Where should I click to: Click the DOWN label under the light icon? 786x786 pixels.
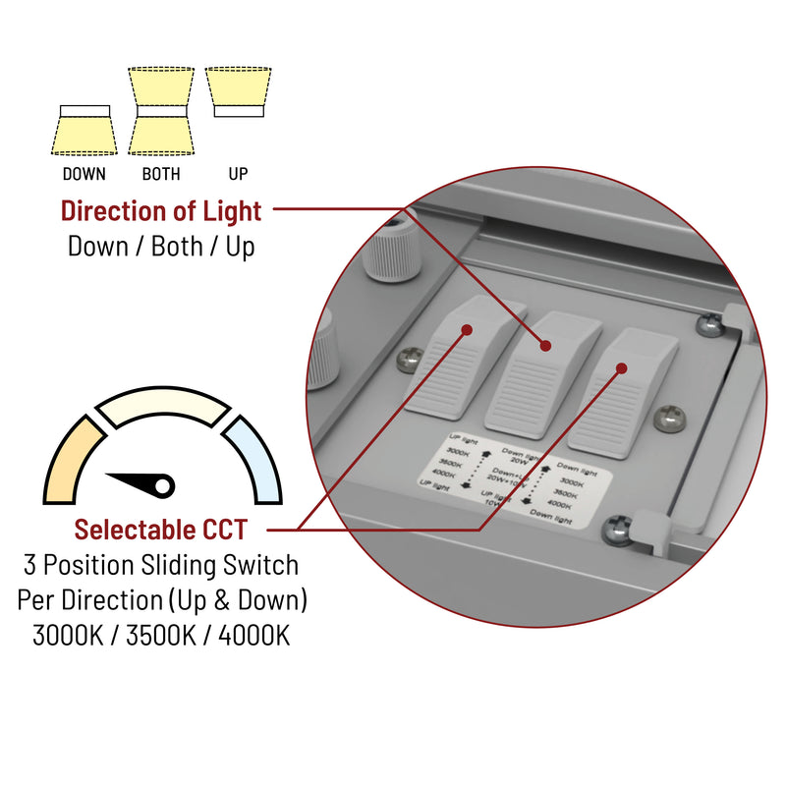(x=84, y=175)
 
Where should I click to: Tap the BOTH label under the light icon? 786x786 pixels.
(x=161, y=175)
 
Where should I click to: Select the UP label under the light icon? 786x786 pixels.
(x=238, y=175)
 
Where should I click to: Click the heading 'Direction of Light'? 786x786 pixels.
(x=161, y=210)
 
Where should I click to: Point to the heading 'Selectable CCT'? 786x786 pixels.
(x=161, y=531)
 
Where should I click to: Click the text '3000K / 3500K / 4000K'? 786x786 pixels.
(x=161, y=635)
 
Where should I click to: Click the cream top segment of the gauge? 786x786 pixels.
(x=162, y=405)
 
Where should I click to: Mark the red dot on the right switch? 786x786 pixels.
(x=621, y=368)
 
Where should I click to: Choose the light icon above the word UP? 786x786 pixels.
(x=239, y=92)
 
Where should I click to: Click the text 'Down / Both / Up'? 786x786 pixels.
(x=161, y=246)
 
